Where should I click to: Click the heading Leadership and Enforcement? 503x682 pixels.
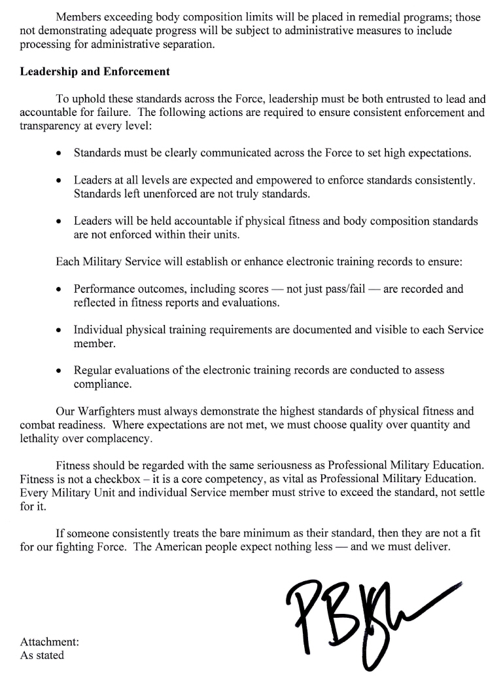pos(95,71)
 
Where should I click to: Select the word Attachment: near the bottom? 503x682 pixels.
pos(50,642)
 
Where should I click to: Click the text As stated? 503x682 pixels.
pos(42,654)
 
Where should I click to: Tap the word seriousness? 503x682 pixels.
pos(258,465)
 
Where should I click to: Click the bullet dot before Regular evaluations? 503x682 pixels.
pos(60,371)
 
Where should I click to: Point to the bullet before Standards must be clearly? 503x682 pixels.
pos(60,155)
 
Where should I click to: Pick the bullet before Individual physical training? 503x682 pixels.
pos(60,330)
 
